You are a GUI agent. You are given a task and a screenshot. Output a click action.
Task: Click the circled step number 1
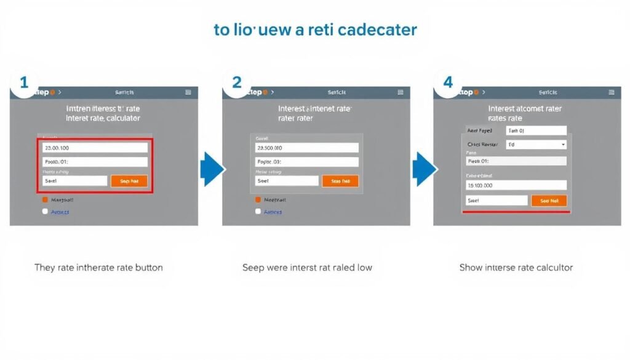pos(24,82)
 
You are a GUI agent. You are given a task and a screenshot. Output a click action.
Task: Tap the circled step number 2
pos(236,82)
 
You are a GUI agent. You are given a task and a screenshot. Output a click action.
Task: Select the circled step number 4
pos(447,82)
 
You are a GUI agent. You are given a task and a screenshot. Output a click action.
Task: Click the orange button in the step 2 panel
pos(340,181)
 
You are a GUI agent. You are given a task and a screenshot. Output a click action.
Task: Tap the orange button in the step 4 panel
pos(549,201)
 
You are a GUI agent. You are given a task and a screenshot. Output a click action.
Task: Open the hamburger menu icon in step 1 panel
pos(188,92)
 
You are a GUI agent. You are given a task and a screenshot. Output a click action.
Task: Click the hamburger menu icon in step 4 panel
pos(611,92)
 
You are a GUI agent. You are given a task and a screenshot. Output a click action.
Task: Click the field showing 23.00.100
pos(95,148)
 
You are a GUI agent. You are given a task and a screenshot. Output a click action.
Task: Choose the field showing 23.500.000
pos(306,148)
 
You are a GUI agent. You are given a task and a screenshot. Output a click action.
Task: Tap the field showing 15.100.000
pos(516,185)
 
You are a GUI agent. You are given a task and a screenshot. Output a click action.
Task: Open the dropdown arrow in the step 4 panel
pos(564,145)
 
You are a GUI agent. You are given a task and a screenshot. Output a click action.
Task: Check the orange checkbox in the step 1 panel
pos(45,199)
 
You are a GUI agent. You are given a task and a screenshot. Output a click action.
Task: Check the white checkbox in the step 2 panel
pos(258,211)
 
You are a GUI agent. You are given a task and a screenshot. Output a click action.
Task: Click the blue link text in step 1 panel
pos(60,212)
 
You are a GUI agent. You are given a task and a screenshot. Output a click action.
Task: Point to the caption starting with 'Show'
pos(516,268)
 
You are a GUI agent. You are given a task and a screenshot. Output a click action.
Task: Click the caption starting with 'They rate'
pos(98,268)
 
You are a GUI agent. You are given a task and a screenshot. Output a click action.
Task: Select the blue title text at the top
pos(315,30)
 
